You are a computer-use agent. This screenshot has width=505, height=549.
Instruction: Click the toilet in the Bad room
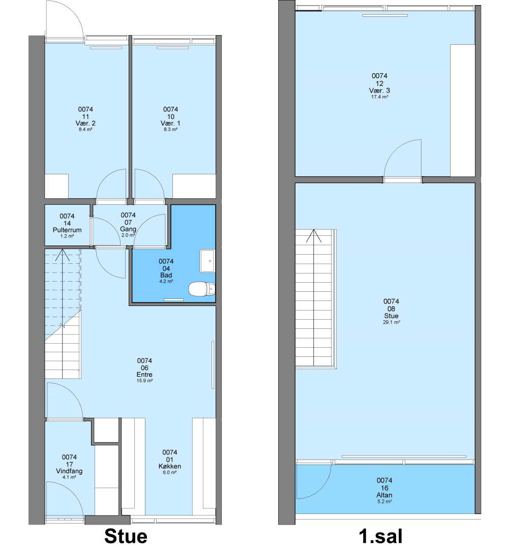202,289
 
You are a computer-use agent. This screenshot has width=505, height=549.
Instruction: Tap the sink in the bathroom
207,261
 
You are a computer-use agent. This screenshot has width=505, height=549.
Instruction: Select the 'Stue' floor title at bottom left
126,536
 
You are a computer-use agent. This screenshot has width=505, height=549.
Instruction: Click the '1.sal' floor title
380,536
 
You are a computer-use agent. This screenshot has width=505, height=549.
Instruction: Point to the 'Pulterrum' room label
67,230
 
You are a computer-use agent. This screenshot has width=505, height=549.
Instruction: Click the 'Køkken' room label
170,466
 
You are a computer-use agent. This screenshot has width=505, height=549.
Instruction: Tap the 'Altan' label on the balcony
384,495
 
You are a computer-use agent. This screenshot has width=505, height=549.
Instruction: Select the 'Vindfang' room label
69,471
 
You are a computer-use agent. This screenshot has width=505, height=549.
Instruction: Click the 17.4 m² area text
379,97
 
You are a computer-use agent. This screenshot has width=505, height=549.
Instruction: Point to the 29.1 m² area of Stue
391,322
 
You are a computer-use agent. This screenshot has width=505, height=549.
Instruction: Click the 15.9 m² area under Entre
144,381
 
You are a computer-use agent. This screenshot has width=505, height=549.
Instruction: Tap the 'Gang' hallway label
128,229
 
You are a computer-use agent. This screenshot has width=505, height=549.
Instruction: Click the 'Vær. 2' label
85,123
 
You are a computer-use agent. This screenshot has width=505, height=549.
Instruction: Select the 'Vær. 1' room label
170,123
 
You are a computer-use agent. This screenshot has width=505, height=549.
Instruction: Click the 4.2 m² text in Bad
166,281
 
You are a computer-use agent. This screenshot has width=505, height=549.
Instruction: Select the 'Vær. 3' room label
379,90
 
